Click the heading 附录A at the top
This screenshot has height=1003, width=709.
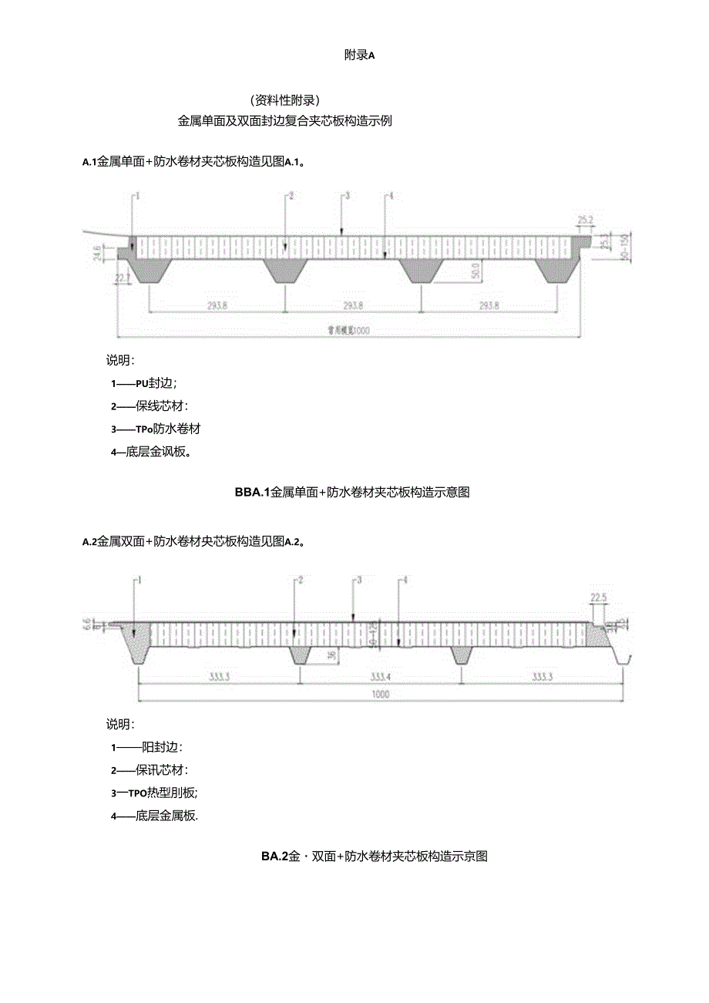358,55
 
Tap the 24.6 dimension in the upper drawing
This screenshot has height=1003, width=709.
97,253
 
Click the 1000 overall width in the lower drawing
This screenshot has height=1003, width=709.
381,694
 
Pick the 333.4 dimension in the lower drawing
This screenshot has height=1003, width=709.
380,676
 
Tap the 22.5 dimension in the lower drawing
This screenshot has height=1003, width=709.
600,596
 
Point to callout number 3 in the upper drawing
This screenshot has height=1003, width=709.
348,197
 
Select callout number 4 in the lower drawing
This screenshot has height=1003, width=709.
405,580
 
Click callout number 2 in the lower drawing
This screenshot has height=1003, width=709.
301,580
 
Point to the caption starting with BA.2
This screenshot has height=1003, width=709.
375,856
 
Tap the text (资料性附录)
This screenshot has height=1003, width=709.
285,100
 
